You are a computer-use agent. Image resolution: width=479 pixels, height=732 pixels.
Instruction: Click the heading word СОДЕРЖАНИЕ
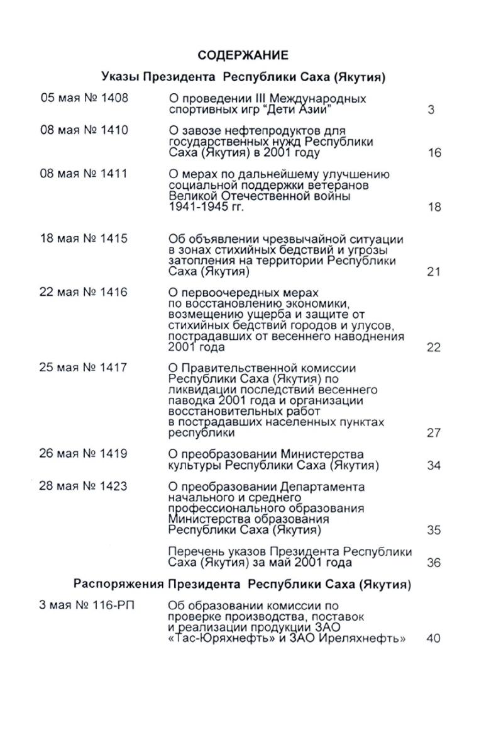pyautogui.click(x=243, y=55)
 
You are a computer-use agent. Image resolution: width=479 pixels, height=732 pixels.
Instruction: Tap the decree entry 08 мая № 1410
pyautogui.click(x=84, y=130)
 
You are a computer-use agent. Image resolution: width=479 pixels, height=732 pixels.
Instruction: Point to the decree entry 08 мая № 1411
pyautogui.click(x=84, y=174)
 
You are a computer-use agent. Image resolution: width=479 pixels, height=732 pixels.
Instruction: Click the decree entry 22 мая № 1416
pyautogui.click(x=84, y=292)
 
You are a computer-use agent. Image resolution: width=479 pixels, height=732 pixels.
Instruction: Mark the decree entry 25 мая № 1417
pyautogui.click(x=84, y=368)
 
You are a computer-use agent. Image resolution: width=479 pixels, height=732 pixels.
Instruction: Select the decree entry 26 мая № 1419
pyautogui.click(x=84, y=454)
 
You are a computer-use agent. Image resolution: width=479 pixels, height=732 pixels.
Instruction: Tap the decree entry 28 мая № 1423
pyautogui.click(x=84, y=487)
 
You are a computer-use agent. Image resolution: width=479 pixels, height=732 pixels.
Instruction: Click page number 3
pyautogui.click(x=431, y=110)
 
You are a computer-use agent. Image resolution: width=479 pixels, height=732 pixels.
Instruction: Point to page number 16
pyautogui.click(x=434, y=153)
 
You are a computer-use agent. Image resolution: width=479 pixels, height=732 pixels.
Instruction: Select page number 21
pyautogui.click(x=434, y=272)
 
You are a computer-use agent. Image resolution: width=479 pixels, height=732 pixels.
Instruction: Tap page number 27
pyautogui.click(x=434, y=433)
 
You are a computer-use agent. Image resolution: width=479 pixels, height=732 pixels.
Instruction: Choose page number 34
pyautogui.click(x=434, y=466)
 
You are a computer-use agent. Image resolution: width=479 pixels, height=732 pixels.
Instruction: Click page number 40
pyautogui.click(x=433, y=638)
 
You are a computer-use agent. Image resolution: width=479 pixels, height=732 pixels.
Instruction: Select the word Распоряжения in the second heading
pyautogui.click(x=119, y=585)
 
